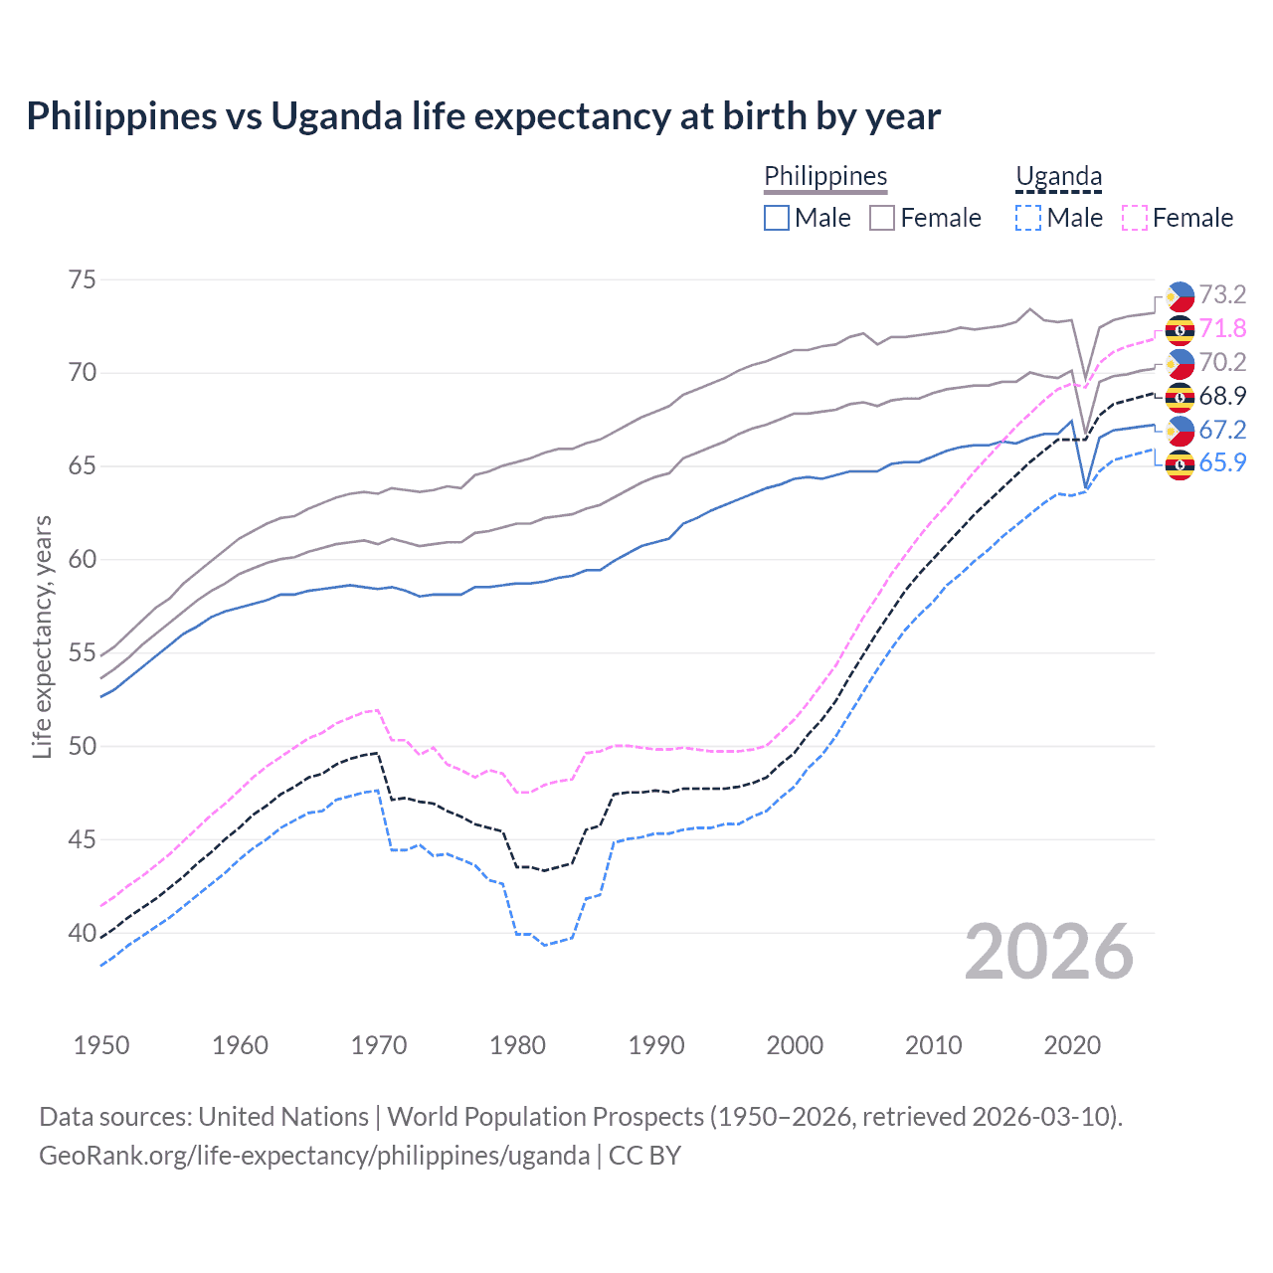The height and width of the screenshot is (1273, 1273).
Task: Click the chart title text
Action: tap(483, 116)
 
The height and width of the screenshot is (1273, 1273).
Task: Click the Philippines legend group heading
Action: tap(825, 176)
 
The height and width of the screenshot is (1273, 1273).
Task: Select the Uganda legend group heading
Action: tap(1058, 176)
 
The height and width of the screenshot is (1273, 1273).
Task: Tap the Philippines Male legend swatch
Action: tap(777, 218)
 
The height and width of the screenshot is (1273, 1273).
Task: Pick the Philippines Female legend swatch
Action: tap(882, 218)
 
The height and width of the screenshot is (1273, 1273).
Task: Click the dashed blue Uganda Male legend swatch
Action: tap(1028, 218)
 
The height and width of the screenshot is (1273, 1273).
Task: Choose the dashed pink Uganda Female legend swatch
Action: tap(1135, 218)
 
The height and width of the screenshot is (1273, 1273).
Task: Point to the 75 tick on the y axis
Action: tap(83, 279)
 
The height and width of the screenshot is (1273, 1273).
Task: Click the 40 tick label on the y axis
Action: tap(83, 933)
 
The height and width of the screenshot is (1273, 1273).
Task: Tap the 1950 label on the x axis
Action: tap(101, 1045)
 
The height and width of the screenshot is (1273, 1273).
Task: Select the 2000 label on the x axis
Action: tap(795, 1045)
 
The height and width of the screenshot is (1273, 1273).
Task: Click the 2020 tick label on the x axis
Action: tap(1072, 1045)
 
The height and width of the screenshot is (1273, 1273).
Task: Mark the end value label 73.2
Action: tap(1222, 295)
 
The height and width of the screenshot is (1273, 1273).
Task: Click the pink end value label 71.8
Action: tap(1222, 329)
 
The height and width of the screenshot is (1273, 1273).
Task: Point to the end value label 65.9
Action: tap(1222, 463)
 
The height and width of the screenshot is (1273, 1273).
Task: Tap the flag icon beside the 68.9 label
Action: tap(1180, 397)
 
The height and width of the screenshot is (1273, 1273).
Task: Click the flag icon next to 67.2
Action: tap(1180, 431)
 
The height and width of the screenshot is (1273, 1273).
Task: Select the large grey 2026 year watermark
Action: tap(1049, 952)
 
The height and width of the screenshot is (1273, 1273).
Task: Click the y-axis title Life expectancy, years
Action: tap(43, 636)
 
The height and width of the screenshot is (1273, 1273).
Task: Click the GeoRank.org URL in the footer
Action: tap(314, 1156)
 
